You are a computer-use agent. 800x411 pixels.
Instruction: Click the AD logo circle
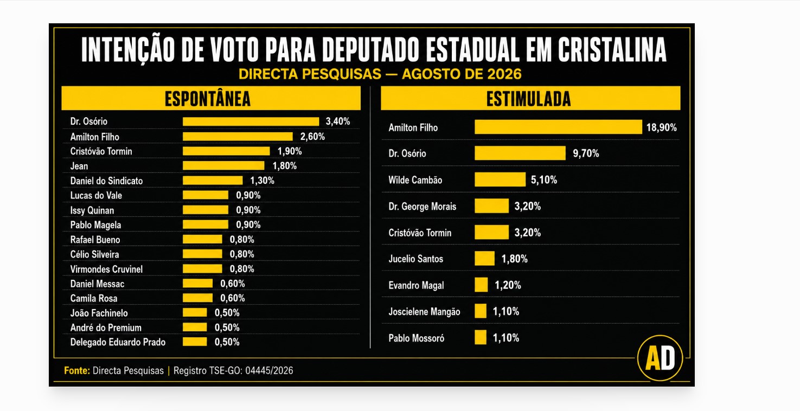coord(660,358)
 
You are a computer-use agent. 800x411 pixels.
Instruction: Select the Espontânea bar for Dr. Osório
coord(251,121)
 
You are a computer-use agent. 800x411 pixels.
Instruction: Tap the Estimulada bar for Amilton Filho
coord(558,127)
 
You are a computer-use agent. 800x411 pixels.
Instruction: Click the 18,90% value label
coord(662,127)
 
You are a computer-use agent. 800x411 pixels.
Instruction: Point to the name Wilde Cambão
coord(415,180)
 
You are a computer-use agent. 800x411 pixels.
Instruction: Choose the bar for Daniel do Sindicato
coord(213,181)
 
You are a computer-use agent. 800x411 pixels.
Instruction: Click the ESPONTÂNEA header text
coord(208,99)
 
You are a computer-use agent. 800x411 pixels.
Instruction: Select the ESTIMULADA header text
coord(529,99)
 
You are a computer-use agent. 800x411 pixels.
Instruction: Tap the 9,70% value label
coord(586,153)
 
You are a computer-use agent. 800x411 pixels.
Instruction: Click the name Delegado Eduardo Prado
coord(118,342)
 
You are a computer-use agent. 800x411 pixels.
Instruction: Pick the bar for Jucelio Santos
coord(485,259)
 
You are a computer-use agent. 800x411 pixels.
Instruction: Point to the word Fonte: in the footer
coord(77,371)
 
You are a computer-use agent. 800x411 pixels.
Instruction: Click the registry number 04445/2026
coord(269,371)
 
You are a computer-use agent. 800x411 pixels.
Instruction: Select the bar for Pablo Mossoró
coord(481,337)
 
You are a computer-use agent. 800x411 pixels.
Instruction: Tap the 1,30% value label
coord(262,181)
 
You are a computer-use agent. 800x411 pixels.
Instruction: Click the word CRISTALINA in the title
coord(612,50)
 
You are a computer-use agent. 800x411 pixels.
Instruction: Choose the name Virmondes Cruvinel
coord(106,269)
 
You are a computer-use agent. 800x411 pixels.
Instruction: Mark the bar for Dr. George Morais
coord(491,206)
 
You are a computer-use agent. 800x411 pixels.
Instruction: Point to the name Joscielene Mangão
coord(424,312)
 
